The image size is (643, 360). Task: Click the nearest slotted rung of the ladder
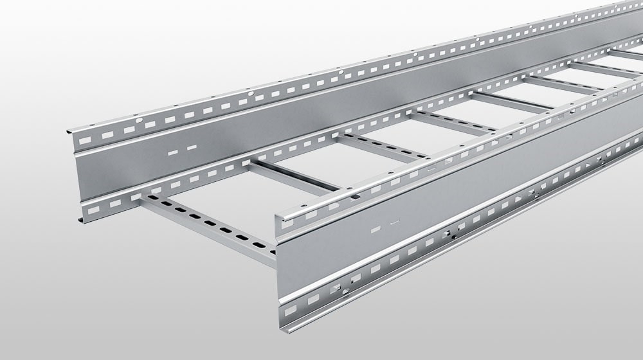click(206, 225)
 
